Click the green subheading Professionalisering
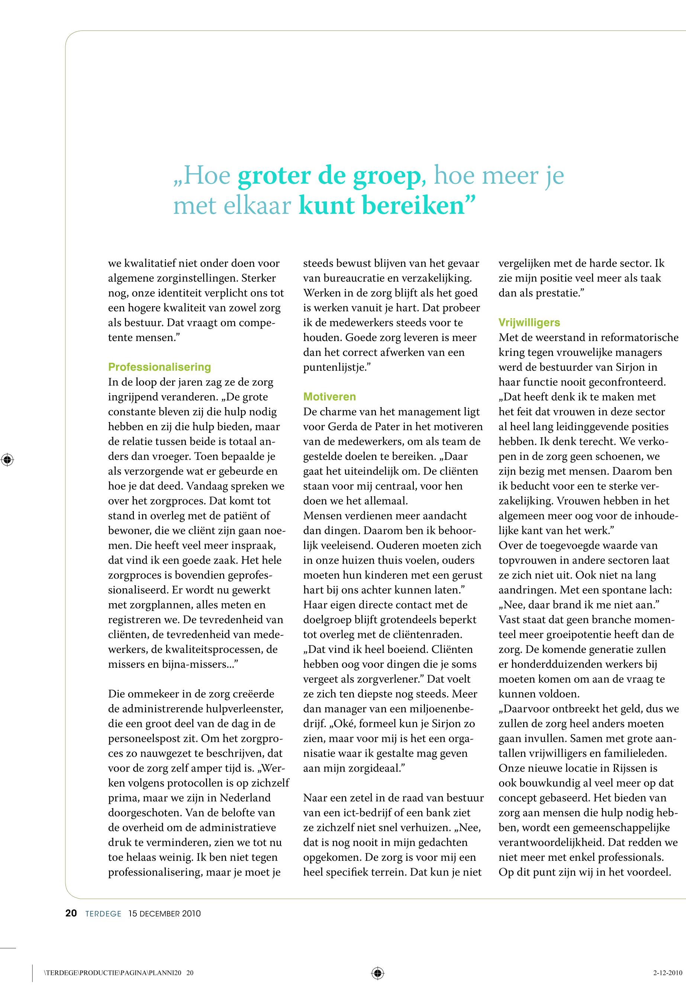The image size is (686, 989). click(160, 367)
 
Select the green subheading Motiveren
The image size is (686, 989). click(329, 397)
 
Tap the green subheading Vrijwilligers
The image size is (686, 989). click(529, 322)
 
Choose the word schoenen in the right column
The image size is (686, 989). click(623, 457)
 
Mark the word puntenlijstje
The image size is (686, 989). click(334, 367)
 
